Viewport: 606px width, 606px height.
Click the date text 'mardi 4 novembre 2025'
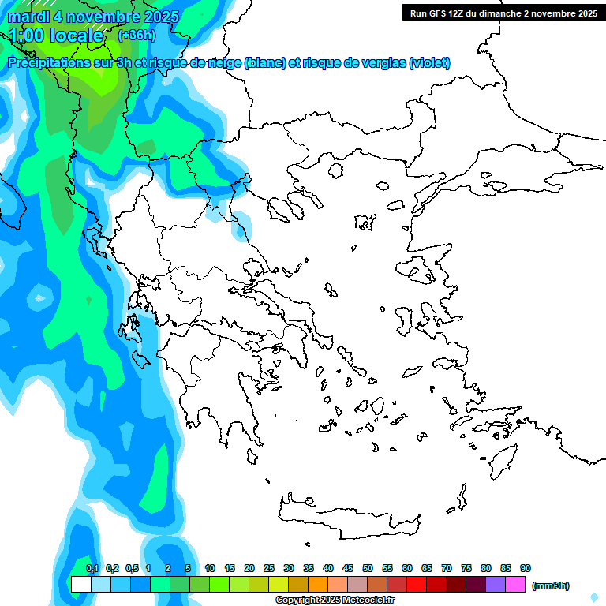click(x=93, y=17)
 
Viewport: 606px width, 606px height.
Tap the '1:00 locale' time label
click(x=56, y=36)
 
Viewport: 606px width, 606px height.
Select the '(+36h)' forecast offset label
click(x=137, y=36)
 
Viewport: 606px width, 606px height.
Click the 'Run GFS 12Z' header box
click(x=501, y=13)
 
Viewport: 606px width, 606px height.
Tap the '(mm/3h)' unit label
click(x=550, y=585)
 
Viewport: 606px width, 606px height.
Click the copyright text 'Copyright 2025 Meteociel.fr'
click(x=335, y=600)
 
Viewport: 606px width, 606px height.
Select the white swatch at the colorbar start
click(x=80, y=585)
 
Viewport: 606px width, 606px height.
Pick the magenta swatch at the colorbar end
click(x=515, y=585)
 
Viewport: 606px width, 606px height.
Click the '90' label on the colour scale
click(x=526, y=568)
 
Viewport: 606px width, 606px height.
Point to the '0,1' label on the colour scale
click(x=92, y=568)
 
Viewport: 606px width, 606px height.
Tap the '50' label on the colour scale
click(x=368, y=568)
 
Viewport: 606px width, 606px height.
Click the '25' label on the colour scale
click(x=269, y=568)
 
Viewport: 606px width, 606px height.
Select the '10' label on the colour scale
click(x=210, y=568)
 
